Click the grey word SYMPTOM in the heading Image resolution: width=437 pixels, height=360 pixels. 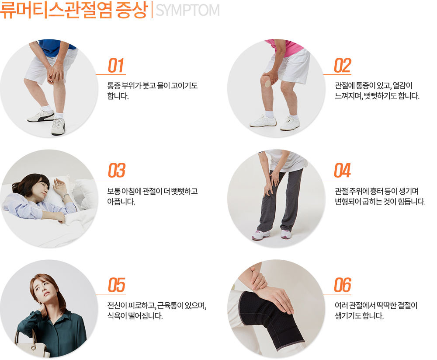tap(187, 10)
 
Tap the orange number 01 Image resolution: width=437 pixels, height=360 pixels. tap(116, 66)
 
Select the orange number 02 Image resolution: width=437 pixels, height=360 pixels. tap(343, 66)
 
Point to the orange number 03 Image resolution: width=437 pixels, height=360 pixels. tap(117, 171)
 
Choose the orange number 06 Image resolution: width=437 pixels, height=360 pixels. tap(343, 285)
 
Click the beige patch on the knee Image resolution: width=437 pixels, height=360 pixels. tap(268, 83)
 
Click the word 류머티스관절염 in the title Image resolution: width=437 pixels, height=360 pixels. tap(56, 10)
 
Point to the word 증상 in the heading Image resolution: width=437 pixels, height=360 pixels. tap(131, 10)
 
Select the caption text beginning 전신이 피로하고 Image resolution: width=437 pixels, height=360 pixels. tap(157, 311)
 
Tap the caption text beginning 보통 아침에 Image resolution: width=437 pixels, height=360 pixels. tap(153, 196)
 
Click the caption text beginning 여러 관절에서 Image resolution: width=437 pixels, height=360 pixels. tap(376, 311)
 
